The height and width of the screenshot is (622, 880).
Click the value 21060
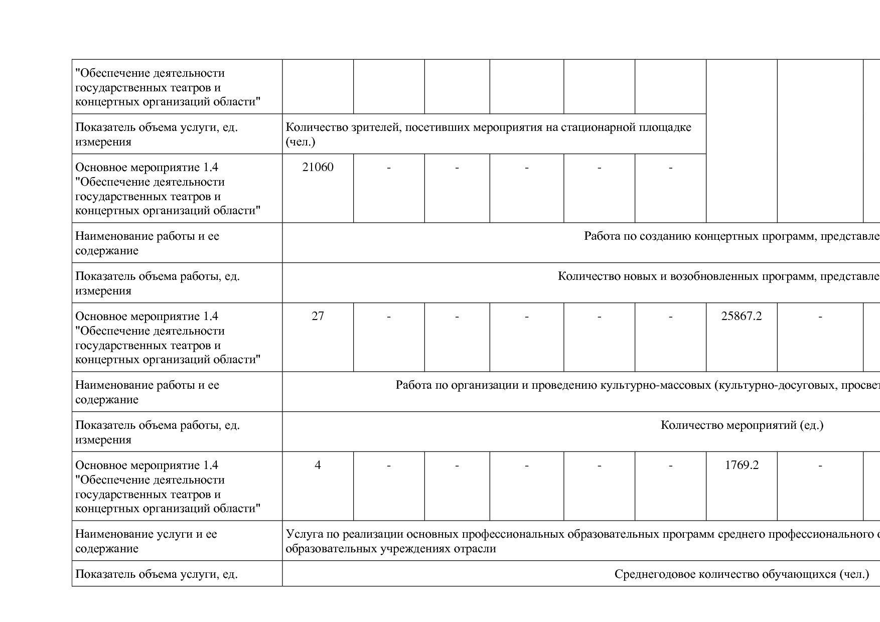point(318,168)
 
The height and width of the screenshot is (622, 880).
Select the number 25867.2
point(741,317)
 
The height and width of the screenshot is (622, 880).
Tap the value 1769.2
point(741,465)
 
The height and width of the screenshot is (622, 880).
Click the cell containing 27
point(318,317)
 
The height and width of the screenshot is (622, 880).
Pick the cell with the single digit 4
point(318,465)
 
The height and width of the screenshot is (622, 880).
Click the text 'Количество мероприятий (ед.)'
point(742,426)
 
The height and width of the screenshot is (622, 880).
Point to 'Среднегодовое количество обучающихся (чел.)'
point(742,574)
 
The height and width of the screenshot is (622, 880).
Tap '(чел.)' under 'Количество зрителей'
point(300,142)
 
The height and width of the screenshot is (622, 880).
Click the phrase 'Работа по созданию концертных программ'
point(700,236)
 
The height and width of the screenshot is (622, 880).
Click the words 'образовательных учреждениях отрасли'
point(390,549)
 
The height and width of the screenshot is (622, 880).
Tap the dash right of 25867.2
point(820,317)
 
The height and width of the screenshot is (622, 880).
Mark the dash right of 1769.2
point(820,465)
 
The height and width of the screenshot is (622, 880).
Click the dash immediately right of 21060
point(389,168)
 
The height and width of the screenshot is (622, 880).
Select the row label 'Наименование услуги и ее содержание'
point(146,541)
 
